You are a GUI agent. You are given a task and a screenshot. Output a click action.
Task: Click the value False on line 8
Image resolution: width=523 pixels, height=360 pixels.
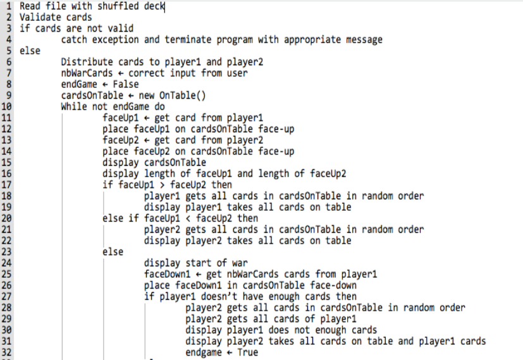126,84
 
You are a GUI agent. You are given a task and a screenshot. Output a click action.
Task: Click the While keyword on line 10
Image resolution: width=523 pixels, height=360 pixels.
74,106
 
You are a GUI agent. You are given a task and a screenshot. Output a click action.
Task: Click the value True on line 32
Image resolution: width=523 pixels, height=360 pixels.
248,352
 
